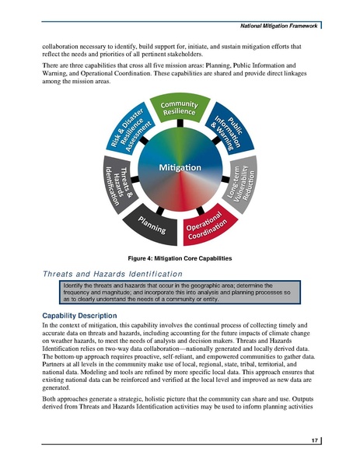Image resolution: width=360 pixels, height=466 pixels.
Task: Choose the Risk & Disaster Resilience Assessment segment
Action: pyautogui.click(x=131, y=132)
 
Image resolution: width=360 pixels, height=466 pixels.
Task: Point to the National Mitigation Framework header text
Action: pyautogui.click(x=281, y=27)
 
